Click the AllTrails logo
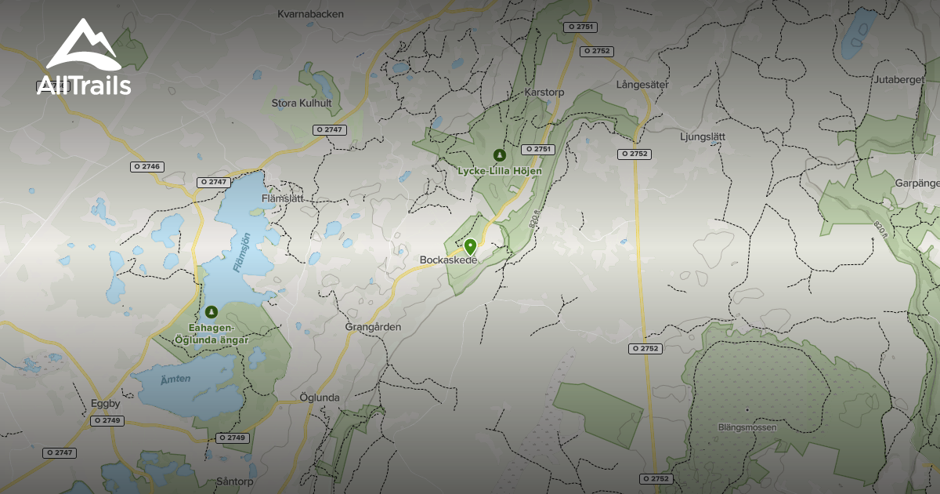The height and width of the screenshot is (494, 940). tap(83, 59)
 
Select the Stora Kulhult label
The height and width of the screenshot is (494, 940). tap(302, 103)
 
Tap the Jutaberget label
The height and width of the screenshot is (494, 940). tap(899, 80)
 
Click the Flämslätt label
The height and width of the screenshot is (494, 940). tap(281, 198)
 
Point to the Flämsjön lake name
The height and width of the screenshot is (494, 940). tap(242, 252)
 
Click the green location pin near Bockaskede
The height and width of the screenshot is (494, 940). tap(470, 246)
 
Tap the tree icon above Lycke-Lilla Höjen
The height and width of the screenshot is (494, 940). tap(498, 154)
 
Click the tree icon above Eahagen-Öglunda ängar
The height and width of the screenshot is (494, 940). tap(211, 312)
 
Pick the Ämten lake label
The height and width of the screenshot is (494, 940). tap(175, 380)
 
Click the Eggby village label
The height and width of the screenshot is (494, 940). tap(105, 404)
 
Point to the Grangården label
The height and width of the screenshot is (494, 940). tap(373, 326)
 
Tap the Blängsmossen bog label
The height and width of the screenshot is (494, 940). tap(747, 427)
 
